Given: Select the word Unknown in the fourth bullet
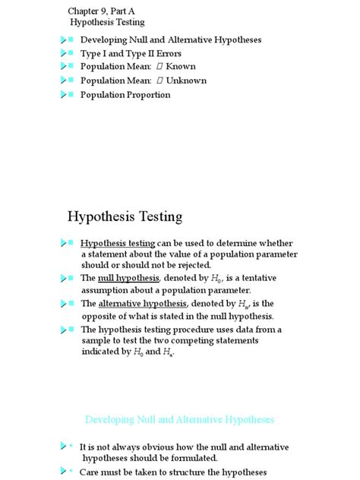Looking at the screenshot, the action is (186, 81).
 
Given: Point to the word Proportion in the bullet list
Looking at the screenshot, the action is (147, 95).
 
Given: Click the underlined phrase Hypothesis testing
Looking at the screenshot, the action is (118, 243).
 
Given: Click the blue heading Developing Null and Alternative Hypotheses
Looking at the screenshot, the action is (179, 419).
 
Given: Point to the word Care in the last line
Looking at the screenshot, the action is (90, 472).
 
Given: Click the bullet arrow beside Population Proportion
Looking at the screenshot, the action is (64, 95).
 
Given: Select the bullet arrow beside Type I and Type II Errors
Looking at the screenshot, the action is (64, 53).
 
